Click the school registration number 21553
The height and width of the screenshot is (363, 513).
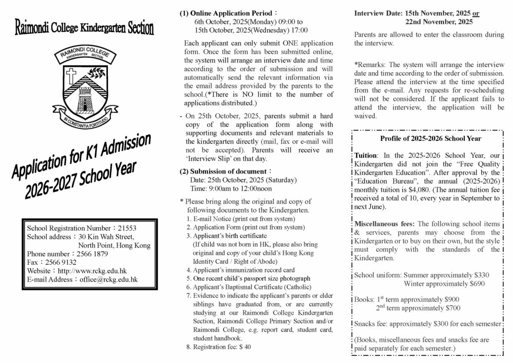[x=127, y=228]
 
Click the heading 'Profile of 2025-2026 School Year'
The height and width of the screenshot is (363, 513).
[x=430, y=139]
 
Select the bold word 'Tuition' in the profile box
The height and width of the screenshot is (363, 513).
[x=365, y=155]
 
